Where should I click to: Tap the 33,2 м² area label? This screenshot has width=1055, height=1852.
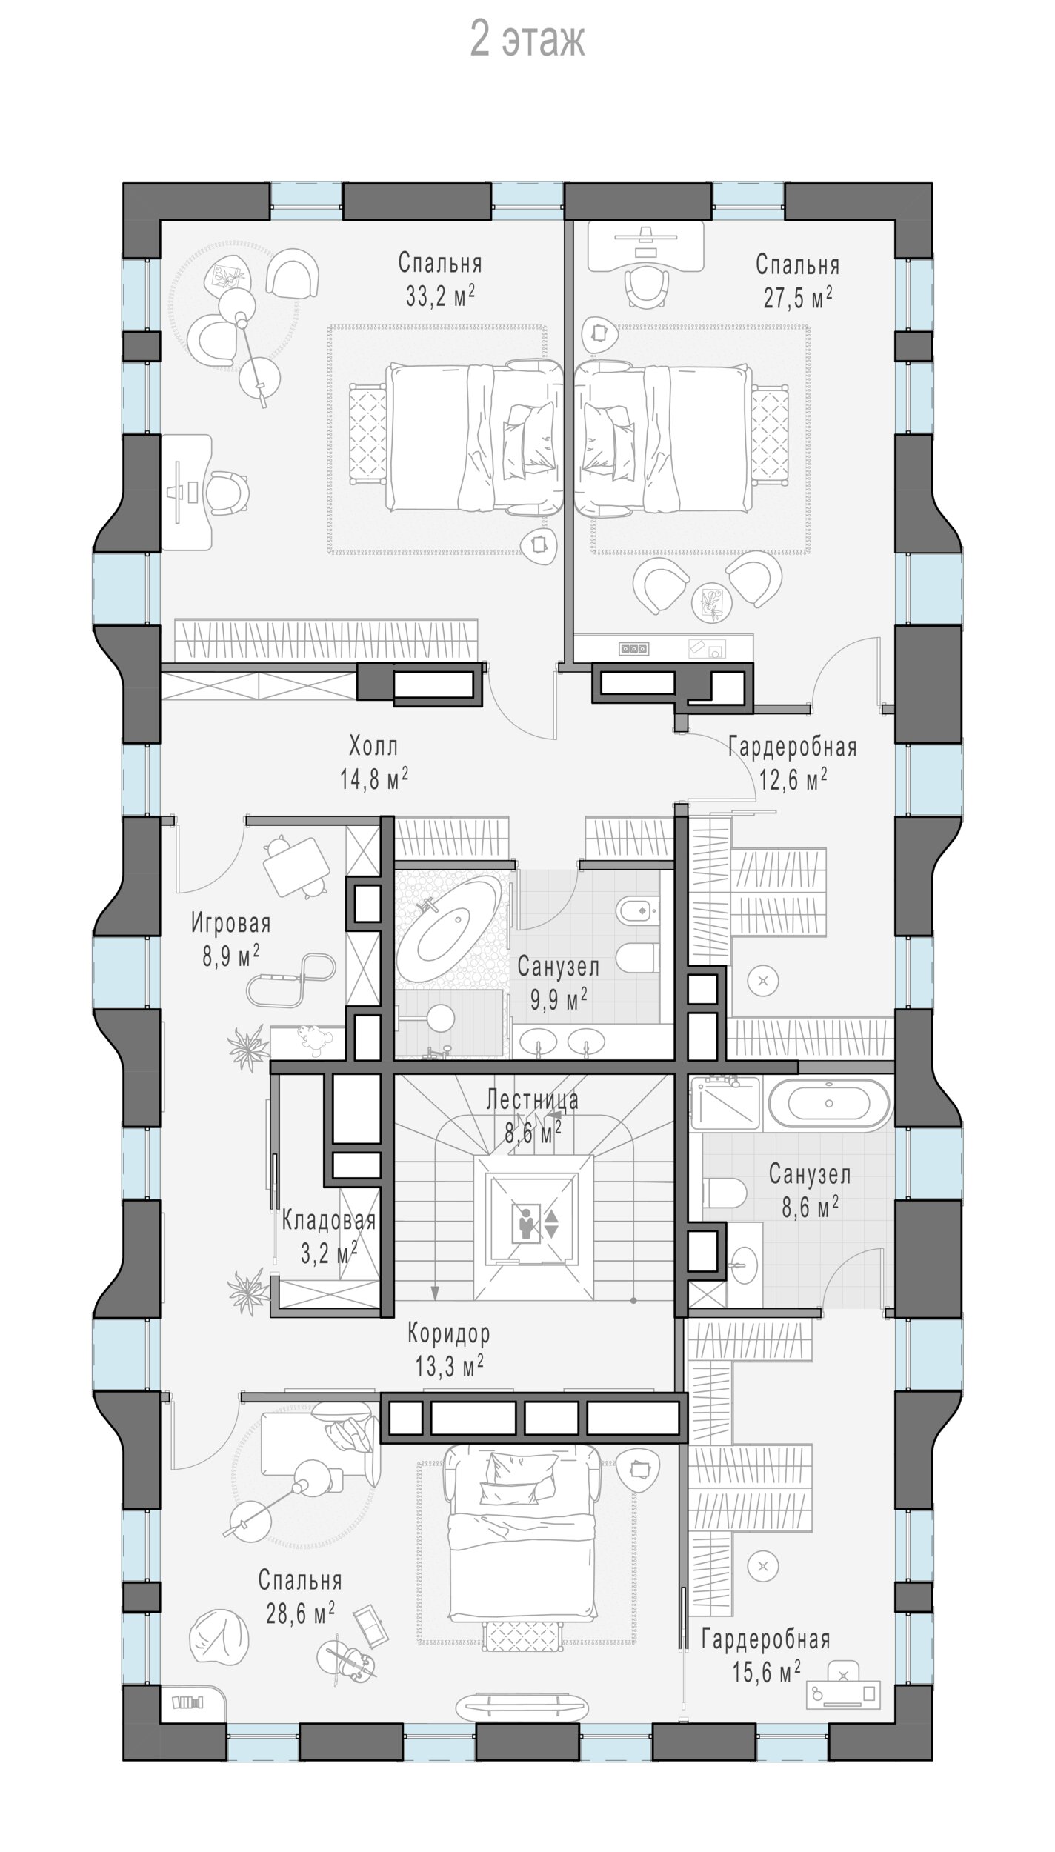(440, 296)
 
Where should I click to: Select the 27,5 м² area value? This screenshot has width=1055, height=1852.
(797, 298)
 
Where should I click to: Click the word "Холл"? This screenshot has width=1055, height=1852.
(373, 745)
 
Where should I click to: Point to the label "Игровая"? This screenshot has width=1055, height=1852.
(231, 924)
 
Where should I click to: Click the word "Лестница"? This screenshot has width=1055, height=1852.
(532, 1100)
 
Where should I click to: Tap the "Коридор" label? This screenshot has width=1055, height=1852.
(449, 1334)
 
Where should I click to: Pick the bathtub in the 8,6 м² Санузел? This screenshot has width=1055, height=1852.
(829, 1103)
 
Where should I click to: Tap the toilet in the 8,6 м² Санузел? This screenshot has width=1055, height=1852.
(725, 1195)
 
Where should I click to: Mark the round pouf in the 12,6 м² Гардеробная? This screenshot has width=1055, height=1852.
(763, 981)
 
